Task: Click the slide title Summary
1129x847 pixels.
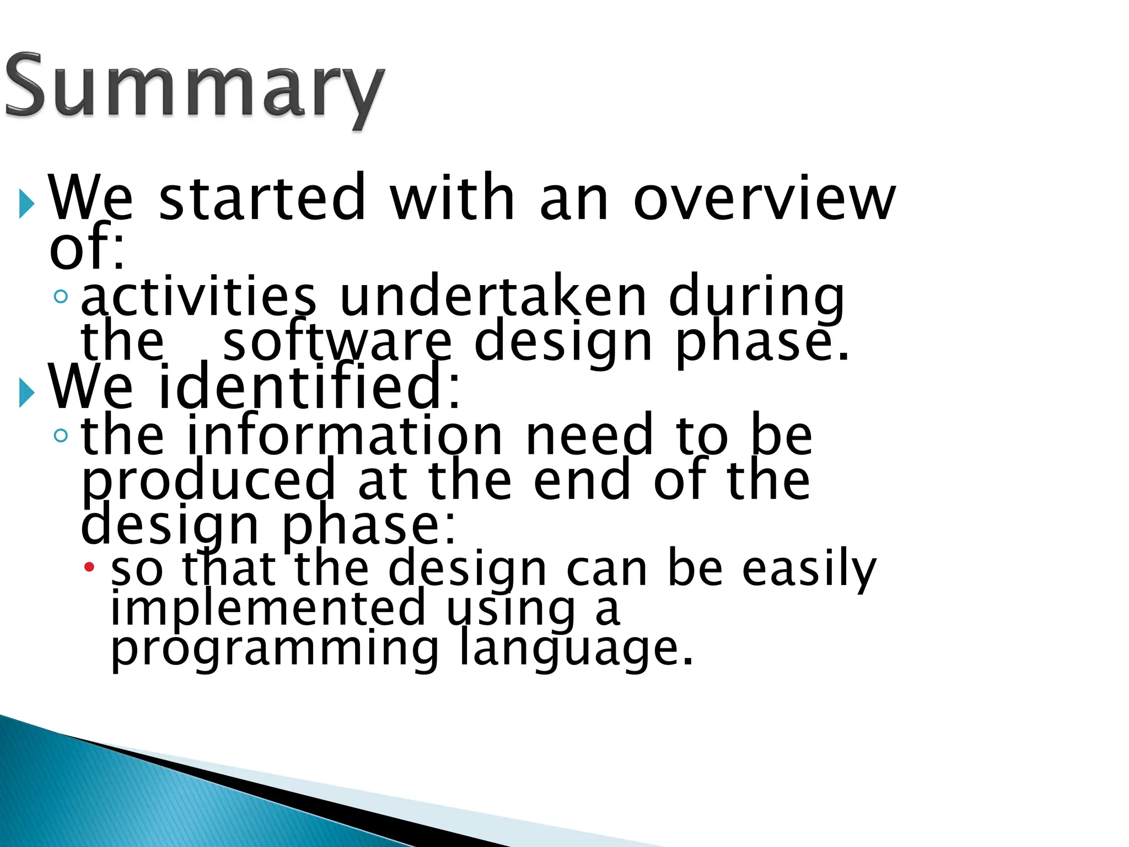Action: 194,88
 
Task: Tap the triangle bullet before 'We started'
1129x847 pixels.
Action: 26,203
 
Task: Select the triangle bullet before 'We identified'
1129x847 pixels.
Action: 26,393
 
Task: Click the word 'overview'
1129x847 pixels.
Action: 764,197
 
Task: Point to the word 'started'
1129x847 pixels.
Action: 262,197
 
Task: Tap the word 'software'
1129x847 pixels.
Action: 337,342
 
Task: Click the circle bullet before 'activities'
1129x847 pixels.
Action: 61,297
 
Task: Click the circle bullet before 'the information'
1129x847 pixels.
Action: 61,436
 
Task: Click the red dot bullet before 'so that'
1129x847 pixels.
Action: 89,566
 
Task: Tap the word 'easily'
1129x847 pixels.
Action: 809,569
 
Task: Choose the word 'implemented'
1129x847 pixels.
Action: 268,608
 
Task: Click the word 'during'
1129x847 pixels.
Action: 756,298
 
